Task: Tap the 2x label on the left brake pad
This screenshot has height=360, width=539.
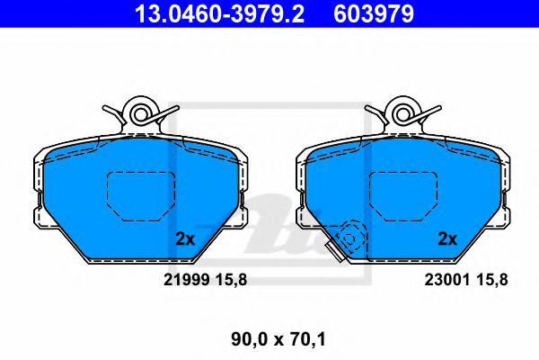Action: pos(184,239)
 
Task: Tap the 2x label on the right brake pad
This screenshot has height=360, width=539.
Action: pos(447,239)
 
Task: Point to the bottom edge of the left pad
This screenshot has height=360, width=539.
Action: pos(139,262)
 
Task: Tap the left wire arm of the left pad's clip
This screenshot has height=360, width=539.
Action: pos(113,113)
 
